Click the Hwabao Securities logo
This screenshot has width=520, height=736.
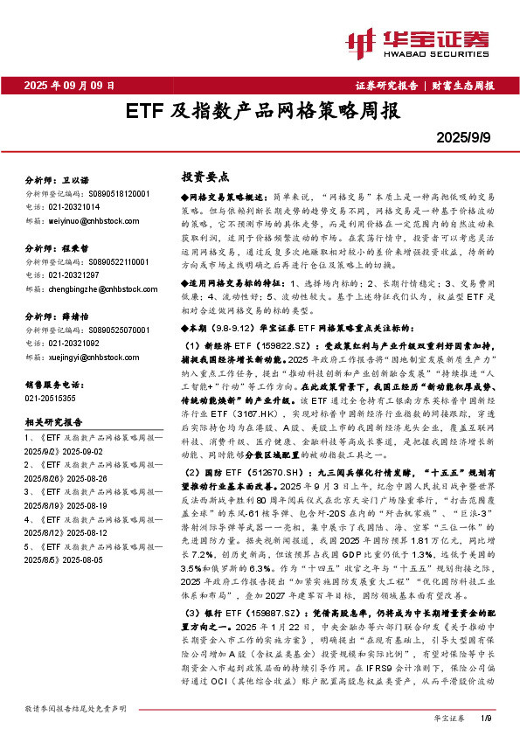click(429, 39)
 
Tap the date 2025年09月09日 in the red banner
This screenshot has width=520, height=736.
click(70, 86)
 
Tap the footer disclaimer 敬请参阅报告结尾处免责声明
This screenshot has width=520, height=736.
click(76, 706)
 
